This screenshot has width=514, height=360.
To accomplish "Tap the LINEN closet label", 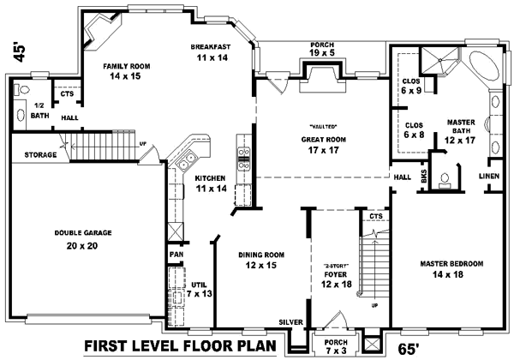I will tap(489, 176).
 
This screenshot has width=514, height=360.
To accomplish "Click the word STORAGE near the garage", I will tap(40, 155).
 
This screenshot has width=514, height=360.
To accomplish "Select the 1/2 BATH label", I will tap(39, 110).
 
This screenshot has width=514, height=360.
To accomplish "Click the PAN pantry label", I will tap(175, 255).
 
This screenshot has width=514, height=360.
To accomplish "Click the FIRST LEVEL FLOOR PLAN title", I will tap(182, 346).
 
